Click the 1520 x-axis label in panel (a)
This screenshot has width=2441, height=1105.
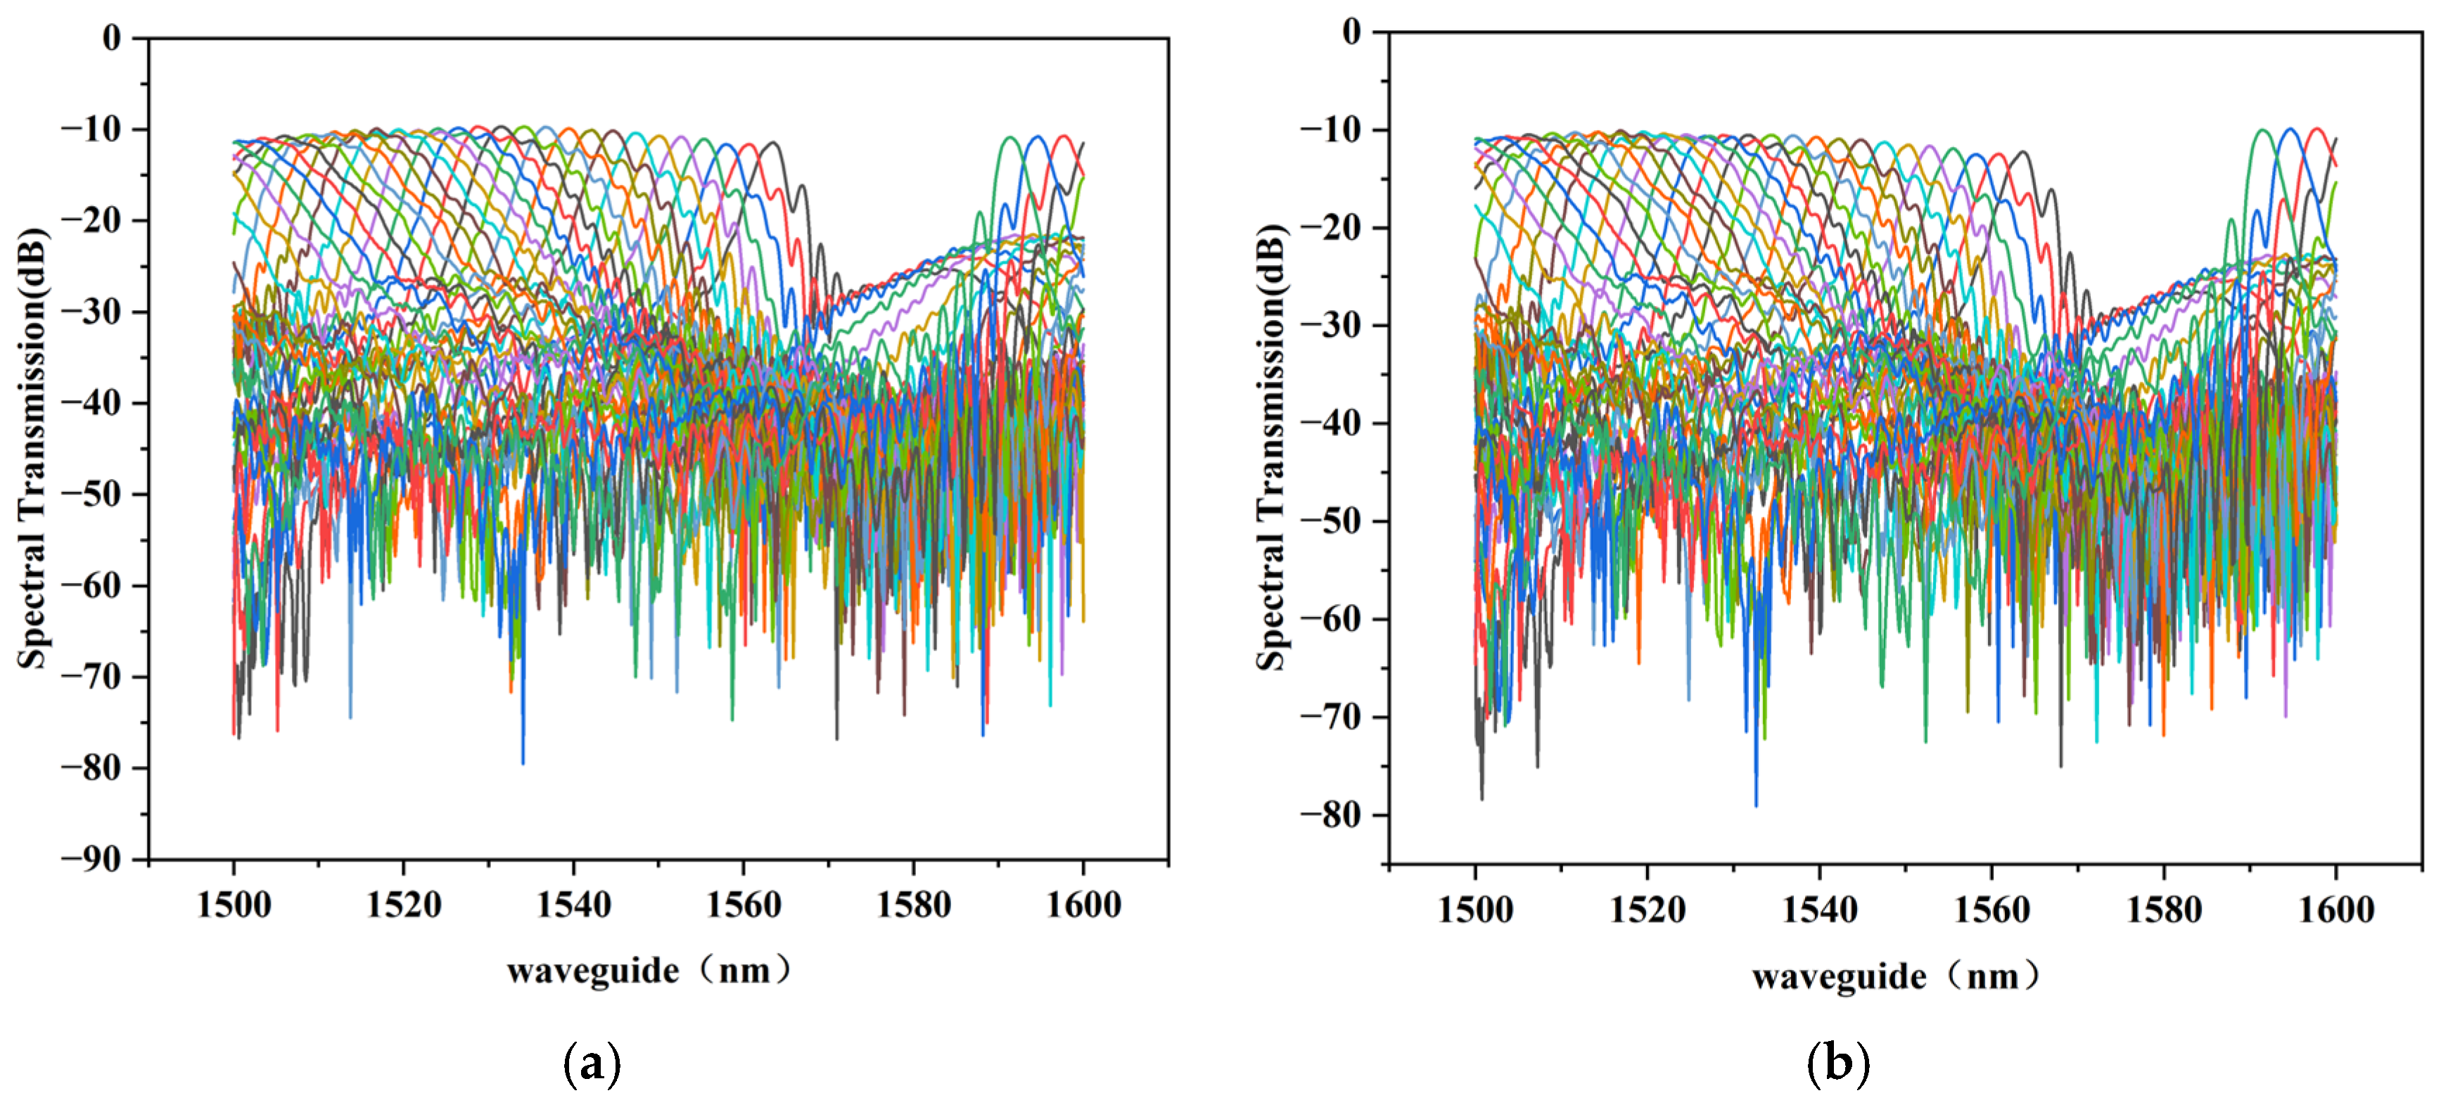pyautogui.click(x=404, y=906)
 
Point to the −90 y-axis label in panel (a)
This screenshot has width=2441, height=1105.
pyautogui.click(x=92, y=860)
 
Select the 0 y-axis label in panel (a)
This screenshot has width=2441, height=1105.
pyautogui.click(x=112, y=38)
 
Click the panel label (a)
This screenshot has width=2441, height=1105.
pyautogui.click(x=592, y=1064)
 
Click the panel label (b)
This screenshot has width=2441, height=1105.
pyautogui.click(x=1837, y=1064)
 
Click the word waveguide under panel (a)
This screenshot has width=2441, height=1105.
pyautogui.click(x=592, y=971)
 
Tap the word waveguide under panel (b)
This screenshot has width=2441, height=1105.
pyautogui.click(x=1838, y=977)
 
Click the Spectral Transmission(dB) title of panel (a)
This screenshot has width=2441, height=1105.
pyautogui.click(x=32, y=448)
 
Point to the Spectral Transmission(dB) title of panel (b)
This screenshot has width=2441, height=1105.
pyautogui.click(x=1272, y=448)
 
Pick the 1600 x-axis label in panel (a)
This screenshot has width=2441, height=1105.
pyautogui.click(x=1083, y=906)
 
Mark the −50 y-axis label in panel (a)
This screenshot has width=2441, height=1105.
pyautogui.click(x=92, y=494)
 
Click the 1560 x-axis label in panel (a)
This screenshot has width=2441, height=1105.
pyautogui.click(x=744, y=906)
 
